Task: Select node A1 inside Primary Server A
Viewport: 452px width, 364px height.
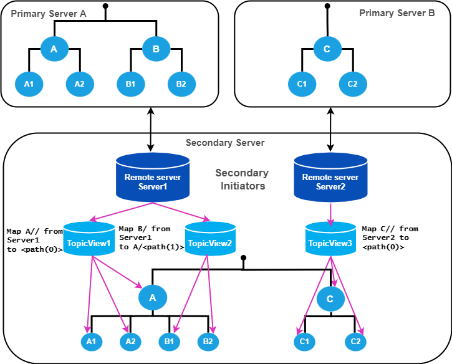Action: point(27,83)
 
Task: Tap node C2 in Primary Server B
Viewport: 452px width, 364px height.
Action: point(353,83)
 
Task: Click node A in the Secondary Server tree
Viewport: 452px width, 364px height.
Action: point(152,298)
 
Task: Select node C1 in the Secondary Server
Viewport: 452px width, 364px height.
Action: point(305,341)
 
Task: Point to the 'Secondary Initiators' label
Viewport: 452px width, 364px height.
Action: point(242,179)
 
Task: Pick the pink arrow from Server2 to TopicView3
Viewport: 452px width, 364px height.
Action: point(330,213)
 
